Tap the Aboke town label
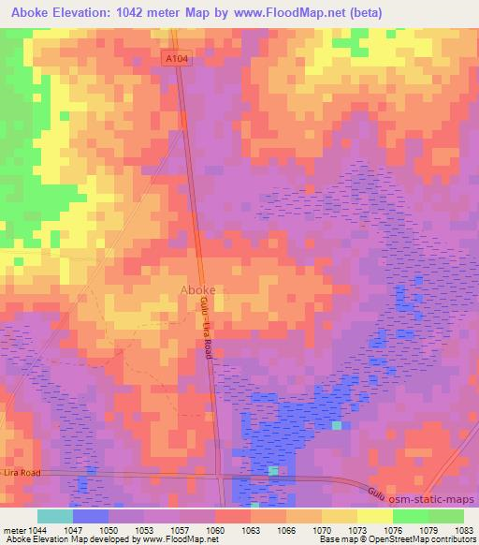(x=197, y=289)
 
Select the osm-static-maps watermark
(x=436, y=501)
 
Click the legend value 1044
(x=36, y=529)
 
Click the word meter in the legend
(x=11, y=529)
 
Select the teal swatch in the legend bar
(x=55, y=516)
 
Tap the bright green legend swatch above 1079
(x=410, y=516)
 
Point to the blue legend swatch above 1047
(x=91, y=516)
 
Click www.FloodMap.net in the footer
(x=187, y=540)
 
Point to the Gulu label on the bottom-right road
(x=375, y=491)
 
